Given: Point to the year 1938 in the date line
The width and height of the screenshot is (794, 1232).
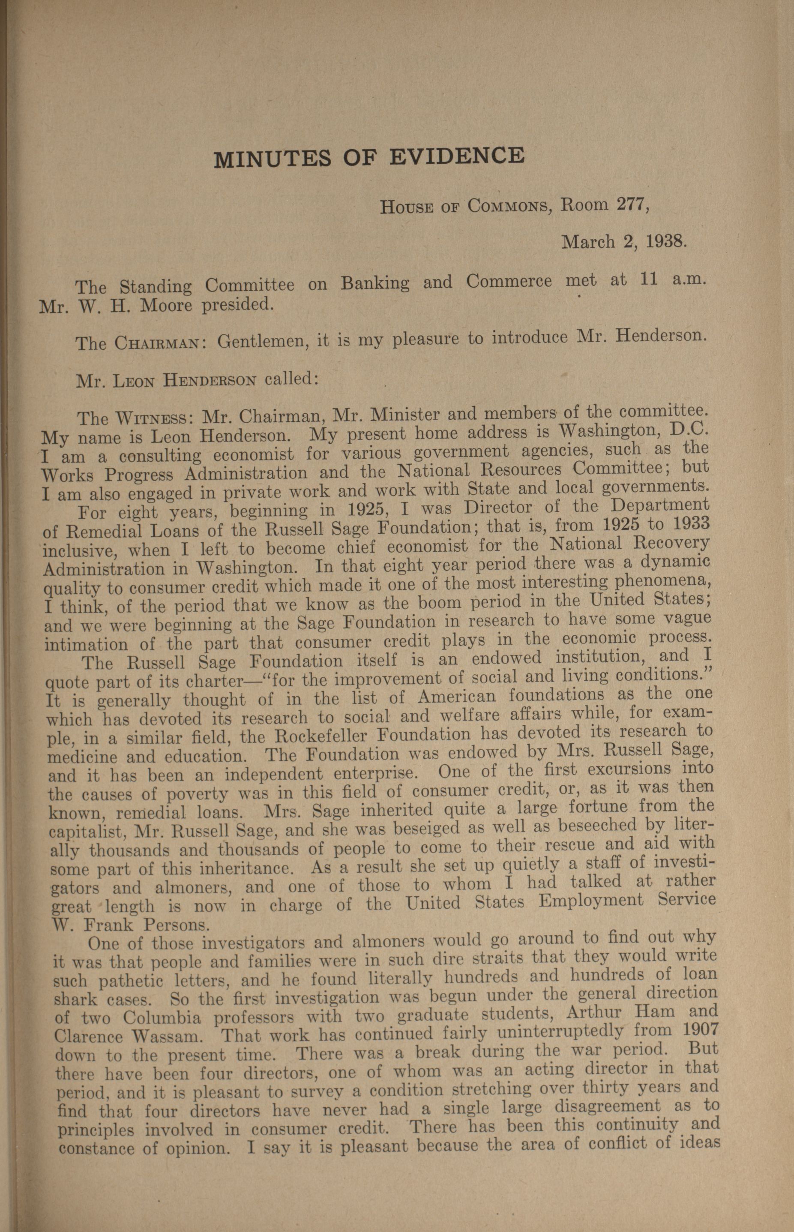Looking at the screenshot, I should tap(662, 241).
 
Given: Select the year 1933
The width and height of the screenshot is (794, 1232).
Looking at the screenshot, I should tap(688, 523).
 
